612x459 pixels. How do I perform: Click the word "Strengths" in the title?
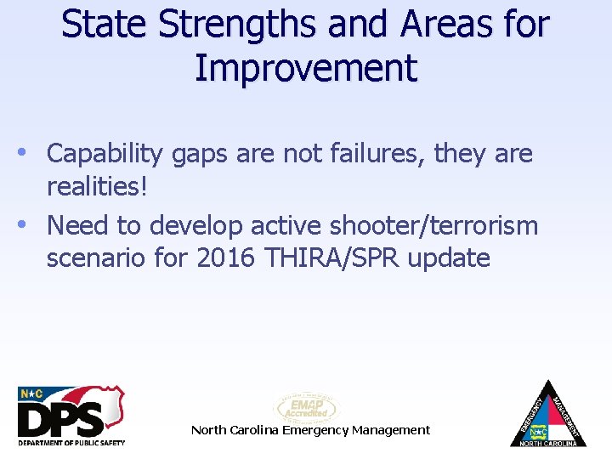[212, 24]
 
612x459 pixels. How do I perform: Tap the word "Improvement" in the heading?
[306, 68]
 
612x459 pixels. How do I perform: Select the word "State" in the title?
[99, 24]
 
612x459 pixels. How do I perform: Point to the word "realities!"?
[97, 186]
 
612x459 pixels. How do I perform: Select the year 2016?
[224, 258]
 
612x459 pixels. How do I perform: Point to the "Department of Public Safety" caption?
[71, 442]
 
